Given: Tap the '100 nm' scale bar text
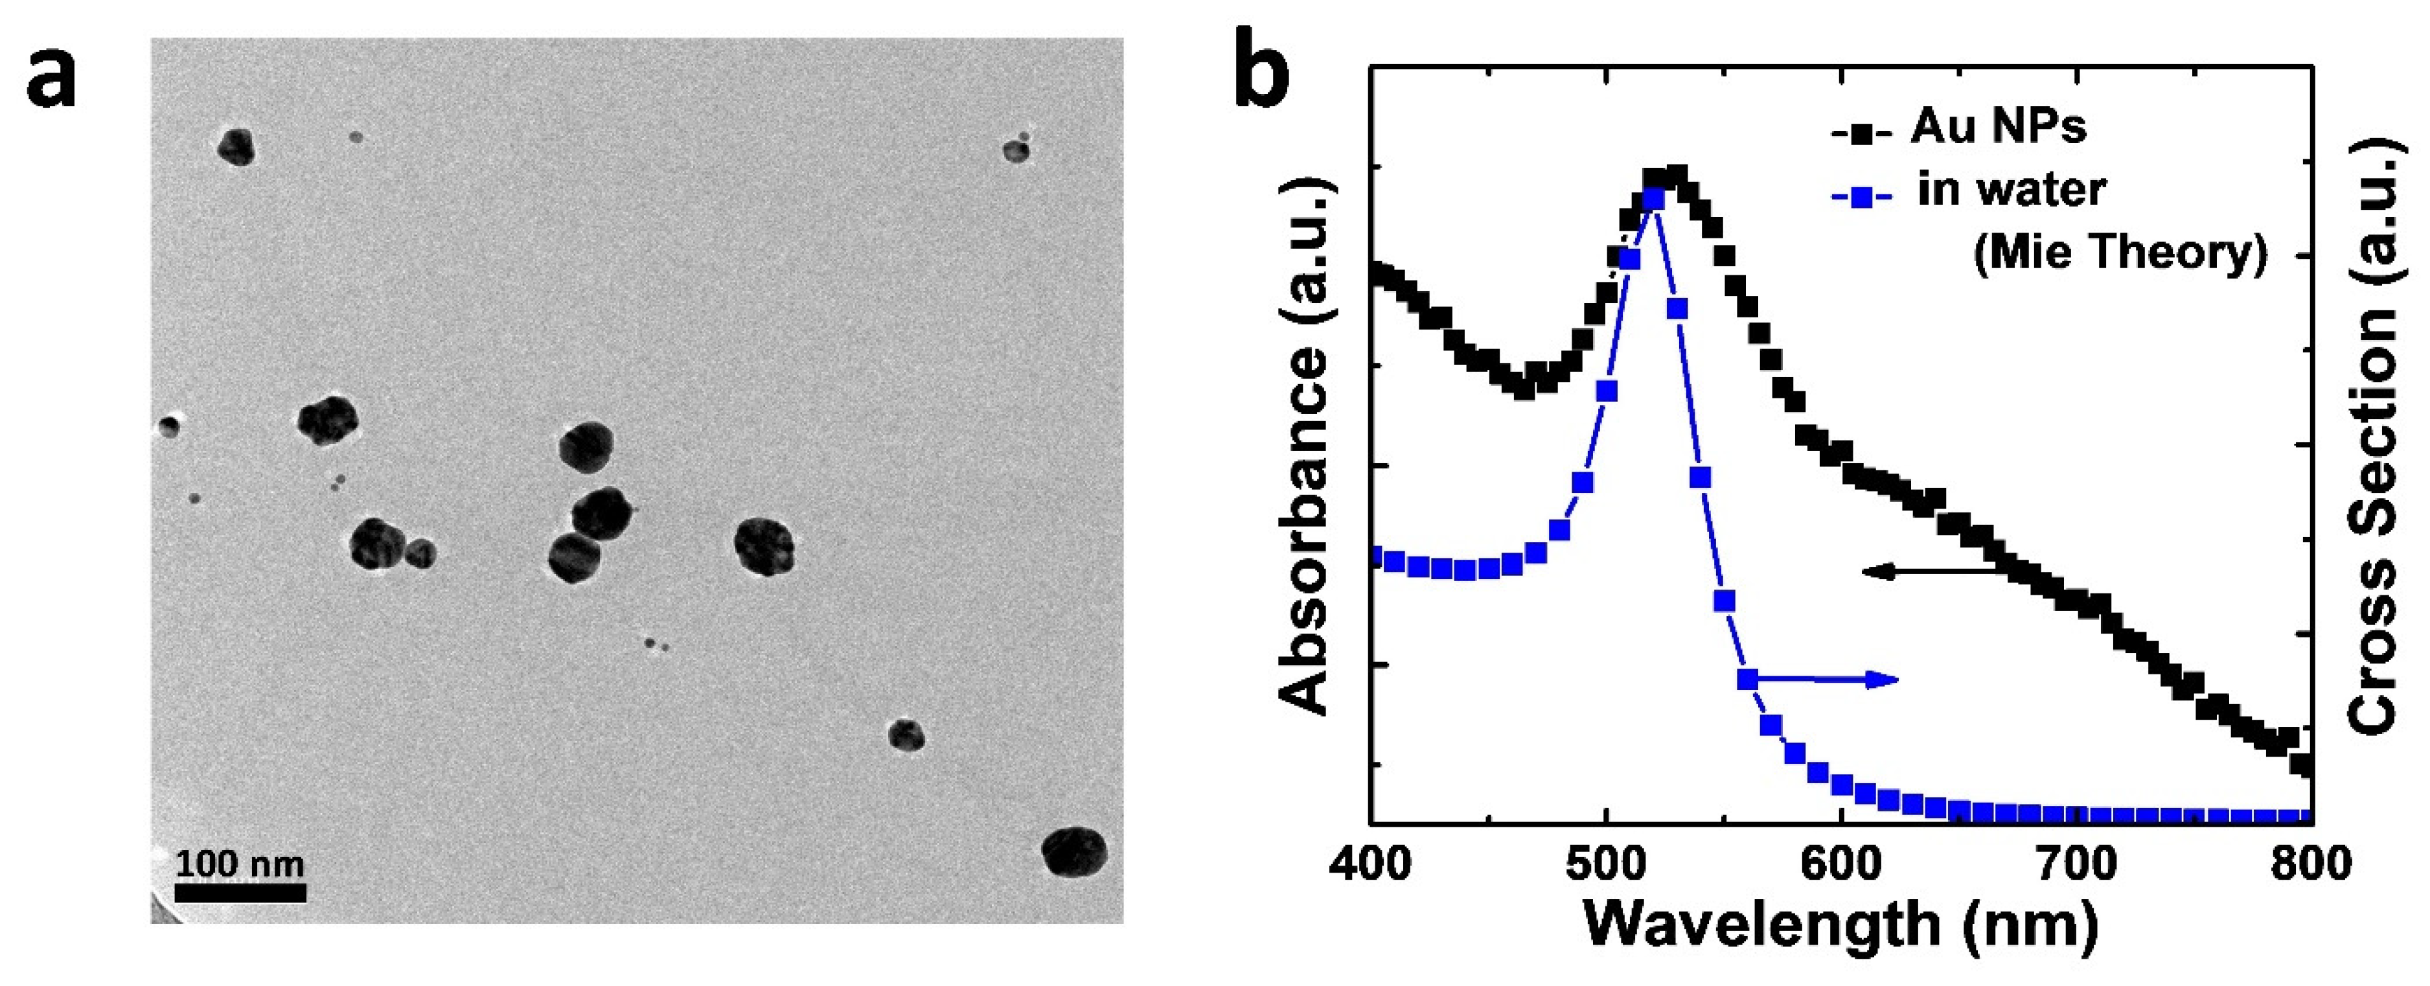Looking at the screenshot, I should pos(240,864).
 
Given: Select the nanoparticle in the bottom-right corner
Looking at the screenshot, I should pos(1075,851).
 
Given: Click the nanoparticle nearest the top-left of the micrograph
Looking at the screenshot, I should pos(236,147).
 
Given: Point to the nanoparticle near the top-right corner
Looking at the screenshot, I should pos(1016,150).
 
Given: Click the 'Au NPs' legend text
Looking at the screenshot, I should pos(1998,126).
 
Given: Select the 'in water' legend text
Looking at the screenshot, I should pos(2011,190).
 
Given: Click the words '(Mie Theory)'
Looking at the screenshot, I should pos(2120,252).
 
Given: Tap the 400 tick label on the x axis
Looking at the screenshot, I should pos(1370,864).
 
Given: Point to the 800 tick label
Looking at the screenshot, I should pos(2310,864).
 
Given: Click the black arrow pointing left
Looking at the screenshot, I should pos(1925,570).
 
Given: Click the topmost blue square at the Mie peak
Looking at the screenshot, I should pos(1653,199).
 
